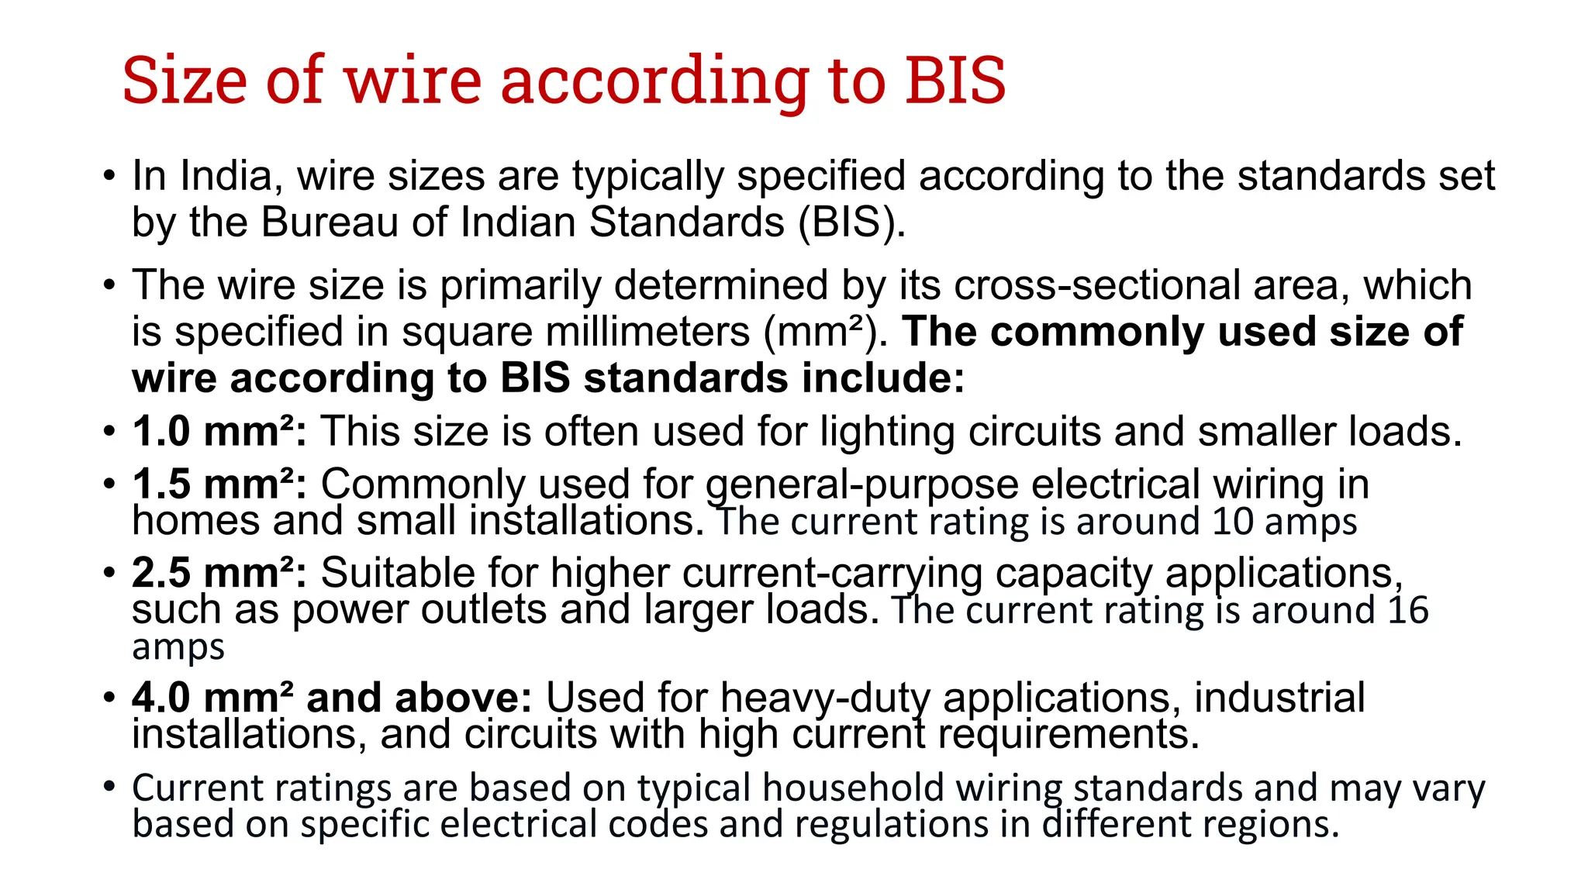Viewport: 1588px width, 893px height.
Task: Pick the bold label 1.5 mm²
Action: coord(219,484)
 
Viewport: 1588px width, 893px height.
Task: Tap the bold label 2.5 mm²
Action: coord(219,574)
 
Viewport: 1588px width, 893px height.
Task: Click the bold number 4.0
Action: coord(161,698)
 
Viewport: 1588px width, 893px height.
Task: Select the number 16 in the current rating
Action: coord(1407,610)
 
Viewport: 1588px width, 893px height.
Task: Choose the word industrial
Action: coord(1279,698)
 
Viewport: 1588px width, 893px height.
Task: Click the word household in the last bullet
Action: coord(853,788)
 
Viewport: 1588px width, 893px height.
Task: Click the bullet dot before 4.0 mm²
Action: coord(109,697)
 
